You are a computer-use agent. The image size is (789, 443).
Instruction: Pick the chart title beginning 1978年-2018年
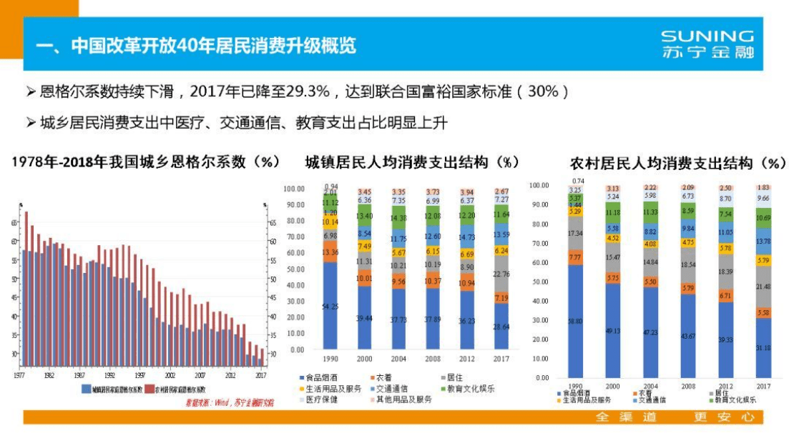[145, 161]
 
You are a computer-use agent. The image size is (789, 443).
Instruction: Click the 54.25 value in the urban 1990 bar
[330, 306]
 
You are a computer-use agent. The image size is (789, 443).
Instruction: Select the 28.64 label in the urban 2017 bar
[501, 326]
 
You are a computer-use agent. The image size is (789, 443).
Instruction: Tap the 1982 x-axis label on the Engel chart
[49, 374]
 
